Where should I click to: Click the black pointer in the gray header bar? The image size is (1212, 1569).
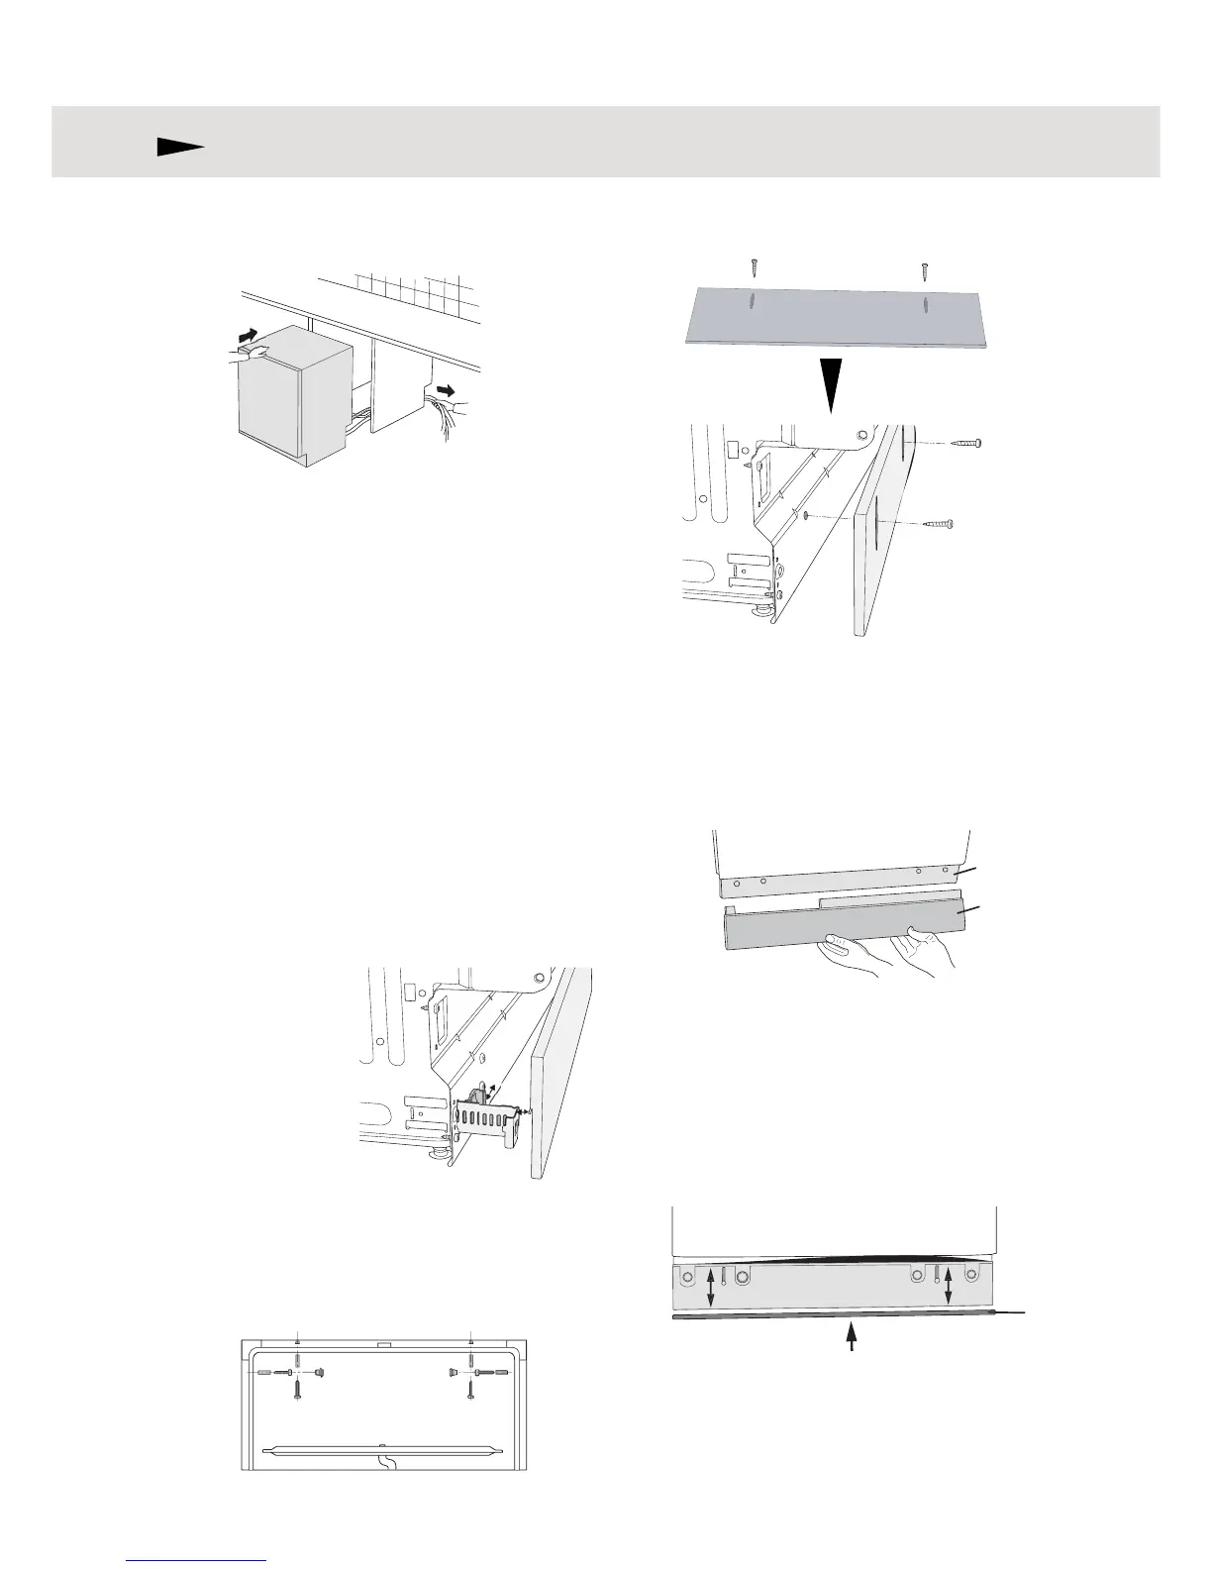pyautogui.click(x=179, y=148)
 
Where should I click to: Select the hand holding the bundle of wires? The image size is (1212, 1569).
pyautogui.click(x=454, y=405)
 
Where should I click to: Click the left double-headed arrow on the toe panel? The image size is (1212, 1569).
pyautogui.click(x=709, y=1285)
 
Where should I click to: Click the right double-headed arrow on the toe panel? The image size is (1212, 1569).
pyautogui.click(x=949, y=1285)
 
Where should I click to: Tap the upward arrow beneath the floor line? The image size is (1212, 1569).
pyautogui.click(x=851, y=1337)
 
